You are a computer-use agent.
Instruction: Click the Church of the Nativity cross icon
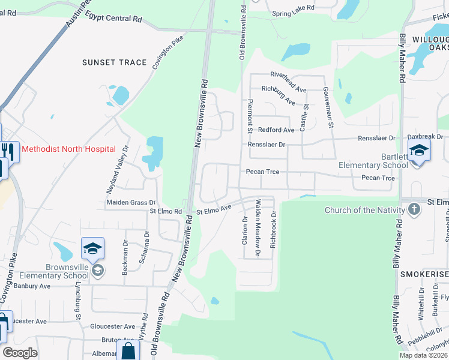[x=414, y=209]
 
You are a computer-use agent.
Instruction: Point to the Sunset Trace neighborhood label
[x=115, y=62]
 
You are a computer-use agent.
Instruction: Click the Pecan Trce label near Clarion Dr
[x=262, y=172]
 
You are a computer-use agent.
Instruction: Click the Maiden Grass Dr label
[x=131, y=203]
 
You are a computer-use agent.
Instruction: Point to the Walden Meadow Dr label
[x=258, y=228]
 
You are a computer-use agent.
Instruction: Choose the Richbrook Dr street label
[x=273, y=230]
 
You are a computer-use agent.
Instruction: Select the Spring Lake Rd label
[x=293, y=8]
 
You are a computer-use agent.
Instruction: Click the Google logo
[x=20, y=352]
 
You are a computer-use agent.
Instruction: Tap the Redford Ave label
[x=276, y=130]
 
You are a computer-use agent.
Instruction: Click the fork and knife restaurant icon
[x=8, y=151]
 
